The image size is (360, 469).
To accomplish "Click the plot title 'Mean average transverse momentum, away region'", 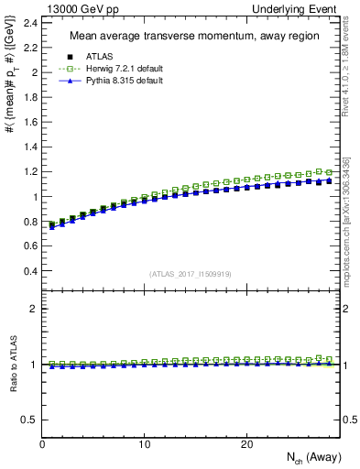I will [x=189, y=37].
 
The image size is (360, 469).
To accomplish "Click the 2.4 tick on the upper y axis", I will [x=29, y=22].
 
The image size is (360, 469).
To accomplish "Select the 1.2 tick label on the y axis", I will [x=29, y=171].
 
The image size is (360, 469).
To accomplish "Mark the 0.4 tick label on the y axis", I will [x=29, y=271].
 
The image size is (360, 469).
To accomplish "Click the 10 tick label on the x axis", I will [x=144, y=444].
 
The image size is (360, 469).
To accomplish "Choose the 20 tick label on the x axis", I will [x=246, y=444].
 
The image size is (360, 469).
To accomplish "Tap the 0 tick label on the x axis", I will [x=42, y=444].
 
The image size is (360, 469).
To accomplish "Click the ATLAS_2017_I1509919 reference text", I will [x=190, y=273].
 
